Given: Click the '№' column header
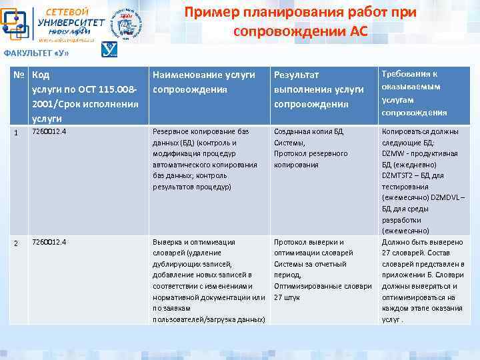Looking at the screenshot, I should pos(19,75).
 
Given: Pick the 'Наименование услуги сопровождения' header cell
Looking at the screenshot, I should pos(204,82).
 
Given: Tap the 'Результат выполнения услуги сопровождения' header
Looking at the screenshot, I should pos(319,89).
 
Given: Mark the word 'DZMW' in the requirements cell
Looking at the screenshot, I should pos(393,153).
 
